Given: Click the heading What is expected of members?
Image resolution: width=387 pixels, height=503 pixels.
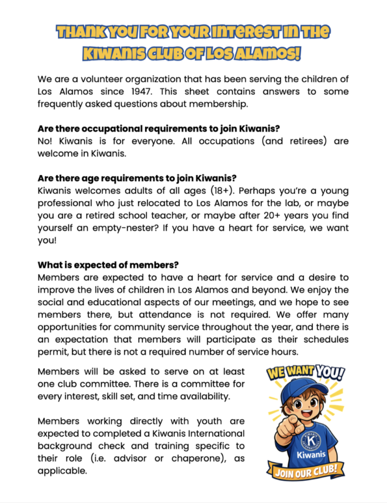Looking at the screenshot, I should pyautogui.click(x=108, y=265).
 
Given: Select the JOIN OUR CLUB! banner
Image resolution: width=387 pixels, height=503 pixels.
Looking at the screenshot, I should pyautogui.click(x=304, y=474).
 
